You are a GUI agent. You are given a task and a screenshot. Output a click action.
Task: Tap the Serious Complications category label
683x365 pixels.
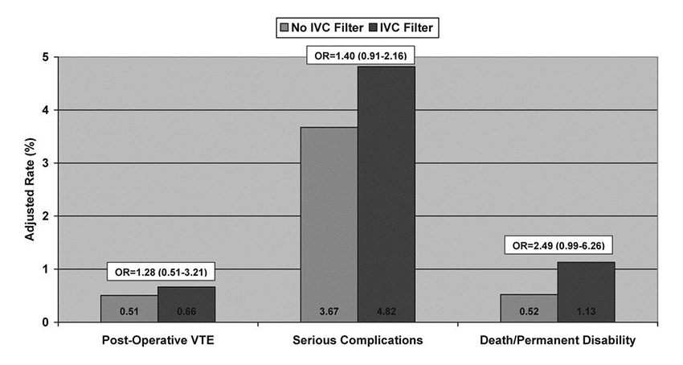(358, 340)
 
